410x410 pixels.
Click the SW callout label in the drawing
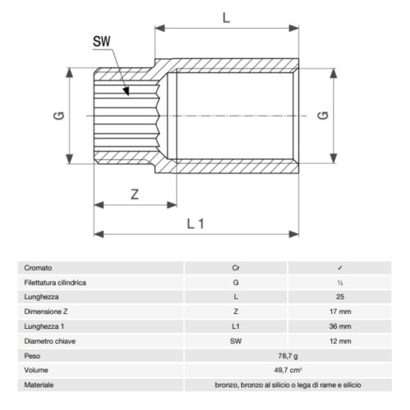102,42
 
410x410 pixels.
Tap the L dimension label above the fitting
226,18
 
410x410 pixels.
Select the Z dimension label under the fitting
134,194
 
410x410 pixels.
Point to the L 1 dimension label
195,224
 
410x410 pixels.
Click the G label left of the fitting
59,116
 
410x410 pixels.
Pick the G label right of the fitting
323,116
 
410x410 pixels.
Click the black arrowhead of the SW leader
126,92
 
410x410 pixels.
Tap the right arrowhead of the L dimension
294,28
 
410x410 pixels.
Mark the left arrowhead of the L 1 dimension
98,235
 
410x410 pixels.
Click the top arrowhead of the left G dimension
70,73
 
